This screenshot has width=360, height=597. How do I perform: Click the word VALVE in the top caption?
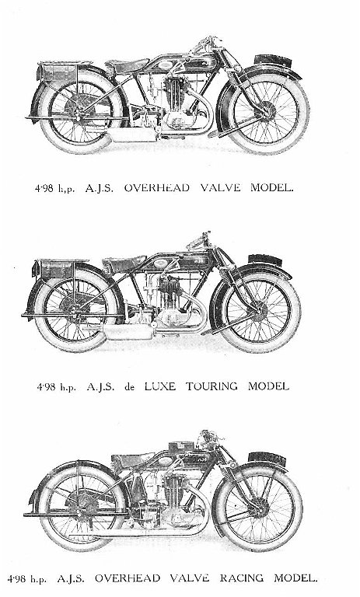pos(221,187)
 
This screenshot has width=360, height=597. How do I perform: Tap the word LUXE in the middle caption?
pos(160,386)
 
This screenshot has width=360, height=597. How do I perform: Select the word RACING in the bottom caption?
pos(242,578)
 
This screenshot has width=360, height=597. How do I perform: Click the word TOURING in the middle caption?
pos(211,386)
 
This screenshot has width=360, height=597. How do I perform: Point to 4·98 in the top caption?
pos(44,188)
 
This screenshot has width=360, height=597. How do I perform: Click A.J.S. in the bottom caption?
pos(71,578)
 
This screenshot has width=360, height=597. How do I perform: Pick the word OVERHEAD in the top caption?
pos(156,187)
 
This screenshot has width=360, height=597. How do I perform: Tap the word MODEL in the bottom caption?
pos(295,578)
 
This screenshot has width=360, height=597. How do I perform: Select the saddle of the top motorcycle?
pos(128,65)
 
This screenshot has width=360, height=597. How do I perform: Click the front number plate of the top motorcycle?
pos(273,60)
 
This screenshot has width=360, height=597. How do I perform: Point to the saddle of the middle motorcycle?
pos(124,263)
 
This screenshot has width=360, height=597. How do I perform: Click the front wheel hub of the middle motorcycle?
pos(260,308)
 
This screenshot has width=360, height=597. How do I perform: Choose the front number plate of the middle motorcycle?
pos(265,260)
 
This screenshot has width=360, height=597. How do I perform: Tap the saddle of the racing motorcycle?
pos(131,459)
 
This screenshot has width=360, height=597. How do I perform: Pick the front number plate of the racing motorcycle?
pos(267,459)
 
